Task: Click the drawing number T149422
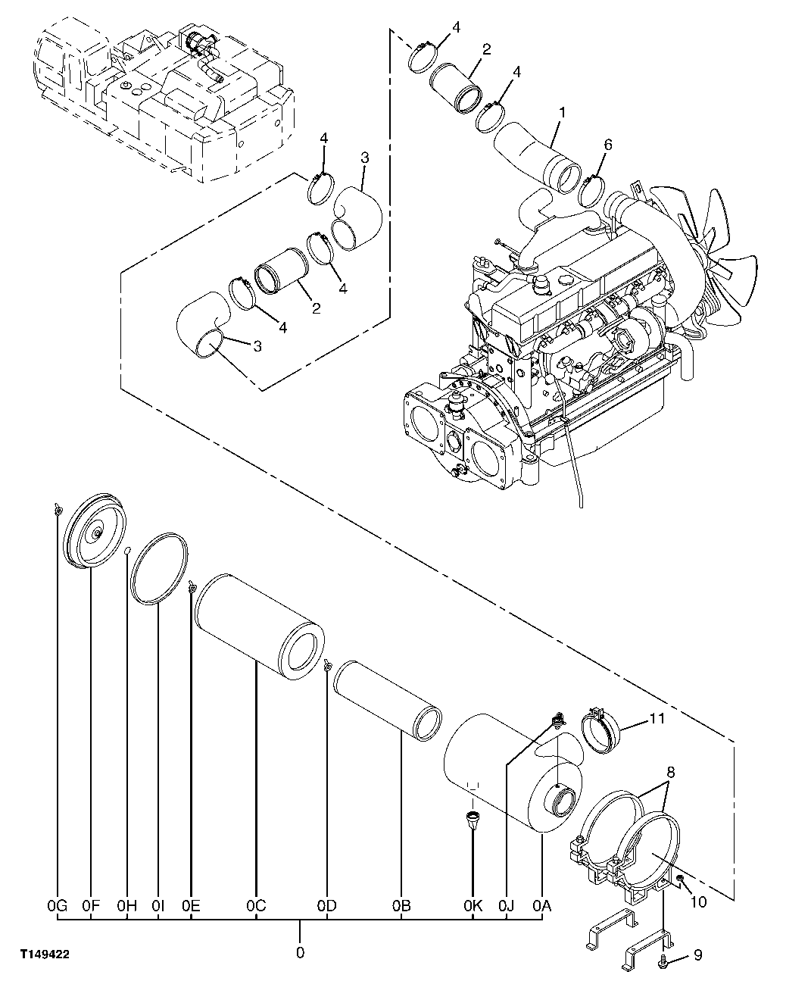coord(46,956)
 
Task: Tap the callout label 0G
coord(58,904)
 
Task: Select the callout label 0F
coord(91,904)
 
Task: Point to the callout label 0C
coord(256,904)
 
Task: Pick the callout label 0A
coord(542,904)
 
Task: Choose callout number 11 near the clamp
coord(657,718)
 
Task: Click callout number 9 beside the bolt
coord(697,956)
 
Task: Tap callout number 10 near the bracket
coord(697,902)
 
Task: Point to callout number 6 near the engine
coord(608,145)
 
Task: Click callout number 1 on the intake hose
coord(561,112)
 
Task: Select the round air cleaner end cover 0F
coord(96,534)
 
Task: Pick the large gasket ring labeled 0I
coord(159,568)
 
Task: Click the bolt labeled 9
coord(663,959)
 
